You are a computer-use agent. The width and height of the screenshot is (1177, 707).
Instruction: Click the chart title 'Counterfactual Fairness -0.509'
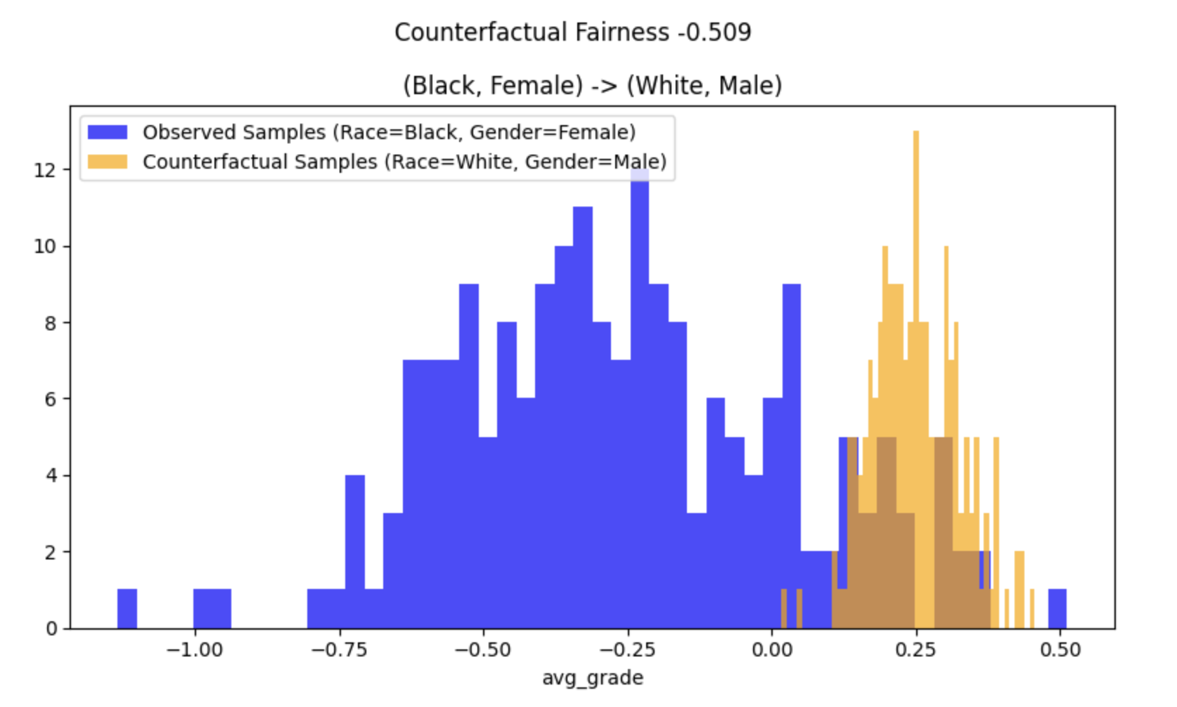point(572,32)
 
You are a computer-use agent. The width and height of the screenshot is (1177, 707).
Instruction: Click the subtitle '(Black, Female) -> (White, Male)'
point(592,85)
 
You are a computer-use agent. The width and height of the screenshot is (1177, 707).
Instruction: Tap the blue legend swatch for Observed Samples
point(107,132)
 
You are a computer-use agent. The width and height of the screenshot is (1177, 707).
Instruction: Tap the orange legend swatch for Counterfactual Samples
point(107,162)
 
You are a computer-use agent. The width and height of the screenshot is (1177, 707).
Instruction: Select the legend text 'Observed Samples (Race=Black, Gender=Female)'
point(389,132)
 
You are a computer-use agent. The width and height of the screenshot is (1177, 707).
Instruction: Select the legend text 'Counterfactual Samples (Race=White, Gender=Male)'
point(404,162)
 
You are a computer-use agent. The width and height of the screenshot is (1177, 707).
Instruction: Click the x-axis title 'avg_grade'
point(592,677)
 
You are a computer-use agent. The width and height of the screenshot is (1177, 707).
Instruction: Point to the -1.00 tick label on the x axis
point(193,650)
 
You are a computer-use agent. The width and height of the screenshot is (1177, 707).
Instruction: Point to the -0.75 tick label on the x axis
point(339,650)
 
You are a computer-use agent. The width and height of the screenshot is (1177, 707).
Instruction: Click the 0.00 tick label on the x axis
point(772,650)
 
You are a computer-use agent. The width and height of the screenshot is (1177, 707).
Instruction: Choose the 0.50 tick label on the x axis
point(1060,650)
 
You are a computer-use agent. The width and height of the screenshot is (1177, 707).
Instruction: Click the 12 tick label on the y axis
point(46,170)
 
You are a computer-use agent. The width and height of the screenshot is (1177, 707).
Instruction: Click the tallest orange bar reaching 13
point(915,281)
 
